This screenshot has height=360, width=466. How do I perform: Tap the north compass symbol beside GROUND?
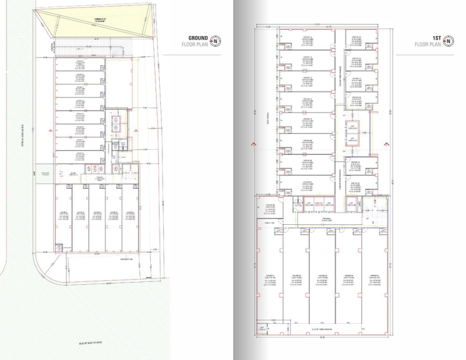tap(216, 40)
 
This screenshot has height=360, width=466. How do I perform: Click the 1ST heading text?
tap(435, 37)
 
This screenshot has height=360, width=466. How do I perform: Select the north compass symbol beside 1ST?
tap(449, 40)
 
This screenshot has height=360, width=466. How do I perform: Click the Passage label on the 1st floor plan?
tap(319, 219)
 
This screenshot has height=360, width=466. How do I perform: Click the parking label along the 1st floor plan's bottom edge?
tap(320, 329)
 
